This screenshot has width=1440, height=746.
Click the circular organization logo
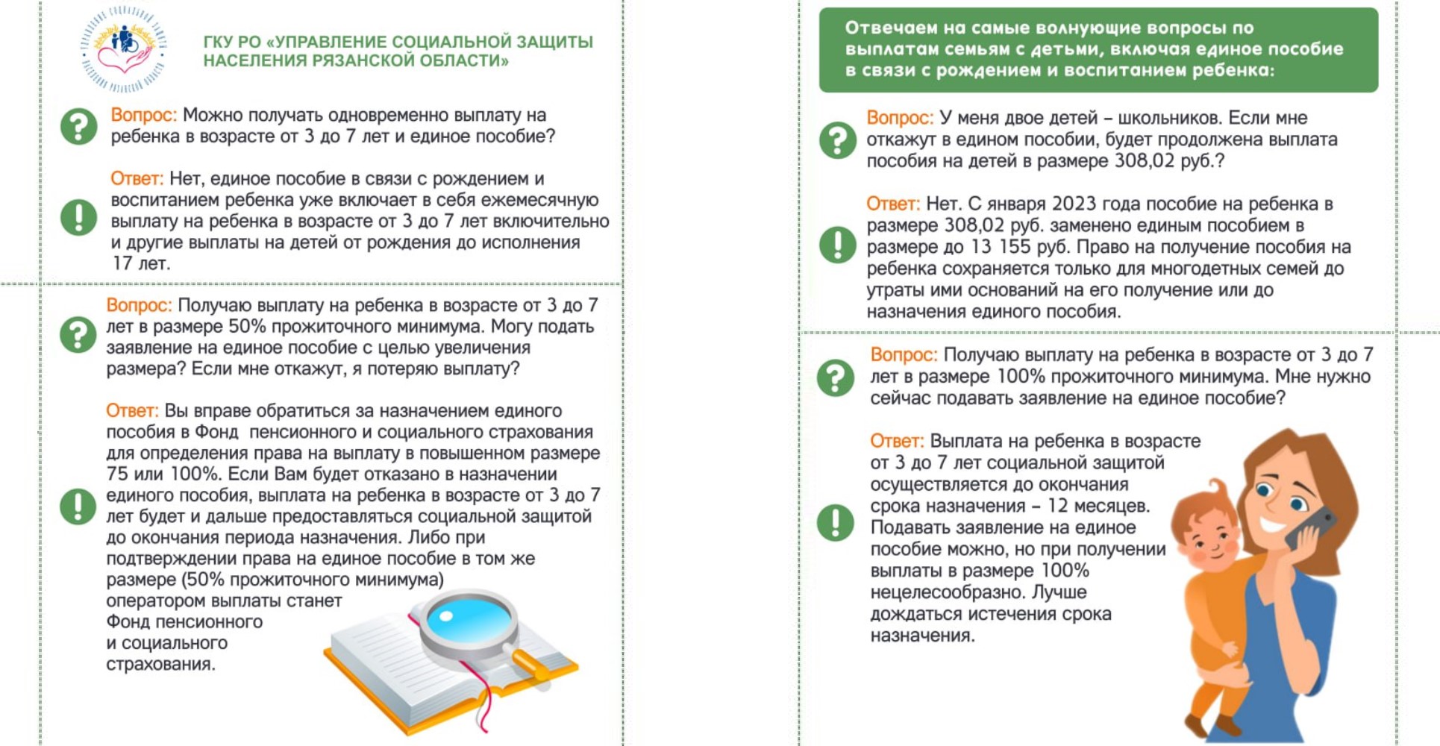[123, 48]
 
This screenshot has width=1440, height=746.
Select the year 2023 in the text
[1072, 204]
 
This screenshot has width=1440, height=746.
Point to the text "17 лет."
[141, 263]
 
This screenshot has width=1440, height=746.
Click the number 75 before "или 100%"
[117, 474]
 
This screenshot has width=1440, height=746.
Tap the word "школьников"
[1170, 118]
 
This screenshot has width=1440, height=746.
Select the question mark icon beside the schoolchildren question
[838, 140]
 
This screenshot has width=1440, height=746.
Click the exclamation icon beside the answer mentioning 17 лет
[78, 217]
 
